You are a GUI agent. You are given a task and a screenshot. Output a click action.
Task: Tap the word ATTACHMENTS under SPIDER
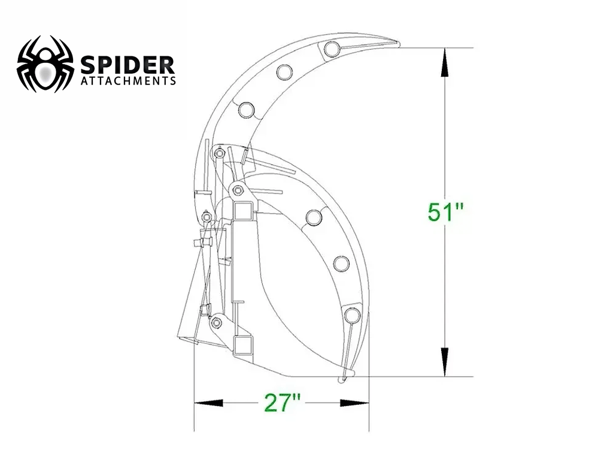click(x=128, y=80)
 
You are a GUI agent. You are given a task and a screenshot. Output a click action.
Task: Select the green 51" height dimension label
click(x=446, y=212)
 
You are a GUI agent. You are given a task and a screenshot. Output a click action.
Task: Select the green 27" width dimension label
click(x=282, y=403)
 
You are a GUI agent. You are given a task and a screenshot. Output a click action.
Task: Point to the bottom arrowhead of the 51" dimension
click(x=444, y=362)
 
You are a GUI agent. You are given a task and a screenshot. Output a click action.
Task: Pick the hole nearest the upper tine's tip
click(x=332, y=49)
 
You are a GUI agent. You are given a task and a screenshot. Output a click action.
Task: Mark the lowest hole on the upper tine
click(x=246, y=110)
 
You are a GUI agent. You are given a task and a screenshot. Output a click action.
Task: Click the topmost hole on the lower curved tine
click(x=313, y=217)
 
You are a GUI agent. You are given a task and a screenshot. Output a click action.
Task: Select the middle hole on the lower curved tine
click(x=341, y=264)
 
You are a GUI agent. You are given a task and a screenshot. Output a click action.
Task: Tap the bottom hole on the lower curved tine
click(x=351, y=314)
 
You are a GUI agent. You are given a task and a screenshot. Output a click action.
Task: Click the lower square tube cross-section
click(x=243, y=346)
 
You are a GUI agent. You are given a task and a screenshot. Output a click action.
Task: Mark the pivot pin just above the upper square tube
click(x=238, y=190)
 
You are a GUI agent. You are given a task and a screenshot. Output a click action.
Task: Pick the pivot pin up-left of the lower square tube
click(x=215, y=323)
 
